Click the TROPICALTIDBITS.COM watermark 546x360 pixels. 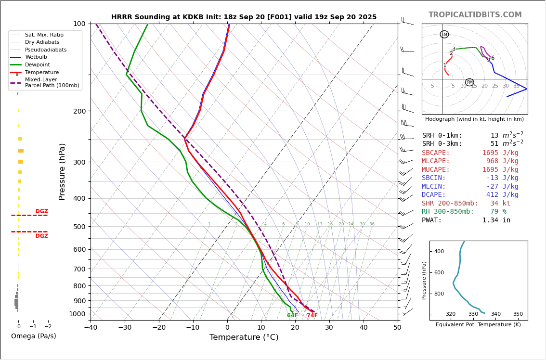point(475,15)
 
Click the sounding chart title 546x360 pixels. point(244,17)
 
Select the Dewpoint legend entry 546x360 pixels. point(37,65)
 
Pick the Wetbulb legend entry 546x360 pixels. point(36,57)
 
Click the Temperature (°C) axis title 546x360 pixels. point(244,337)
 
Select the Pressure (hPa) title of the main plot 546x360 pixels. point(62,171)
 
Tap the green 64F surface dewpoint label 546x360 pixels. point(292,316)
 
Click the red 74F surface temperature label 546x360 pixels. point(312,316)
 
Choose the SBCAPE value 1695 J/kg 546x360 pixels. point(500,153)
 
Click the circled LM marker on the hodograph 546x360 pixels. point(444,34)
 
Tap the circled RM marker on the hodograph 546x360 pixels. point(469,82)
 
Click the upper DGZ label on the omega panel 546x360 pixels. point(42,211)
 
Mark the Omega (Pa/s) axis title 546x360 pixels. point(33,336)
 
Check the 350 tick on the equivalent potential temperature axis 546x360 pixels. point(518,314)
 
